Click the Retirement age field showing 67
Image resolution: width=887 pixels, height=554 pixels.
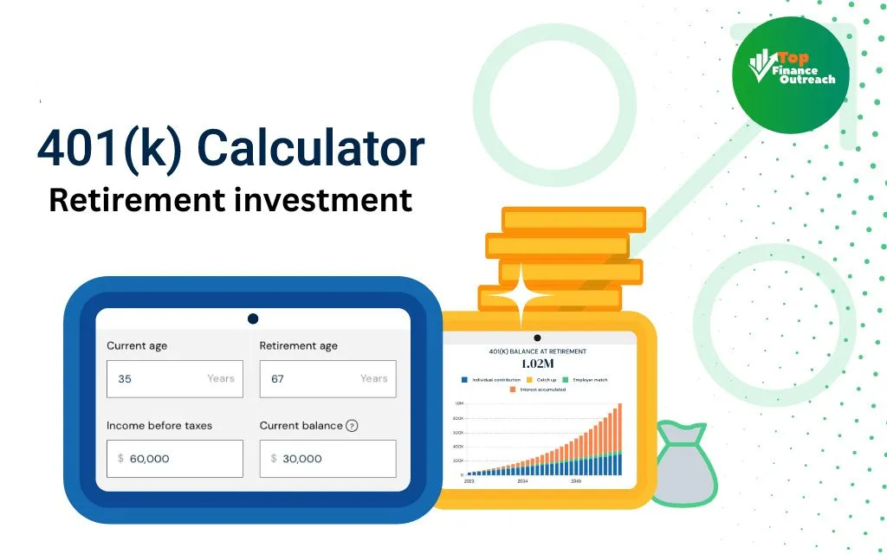tap(327, 379)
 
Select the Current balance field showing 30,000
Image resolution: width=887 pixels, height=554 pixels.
tap(327, 459)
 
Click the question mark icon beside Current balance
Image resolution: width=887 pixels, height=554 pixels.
tap(352, 426)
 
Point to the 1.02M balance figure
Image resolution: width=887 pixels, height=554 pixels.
tap(537, 364)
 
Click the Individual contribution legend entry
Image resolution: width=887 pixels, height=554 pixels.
tap(490, 380)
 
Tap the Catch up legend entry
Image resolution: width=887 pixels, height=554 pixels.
tap(543, 380)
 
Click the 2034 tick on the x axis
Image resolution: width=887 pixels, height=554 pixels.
tap(522, 480)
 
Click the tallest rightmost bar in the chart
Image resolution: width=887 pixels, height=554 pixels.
tap(619, 440)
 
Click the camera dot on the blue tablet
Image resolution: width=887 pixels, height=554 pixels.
tap(253, 319)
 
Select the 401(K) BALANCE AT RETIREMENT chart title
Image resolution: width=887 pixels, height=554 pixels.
tap(537, 351)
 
